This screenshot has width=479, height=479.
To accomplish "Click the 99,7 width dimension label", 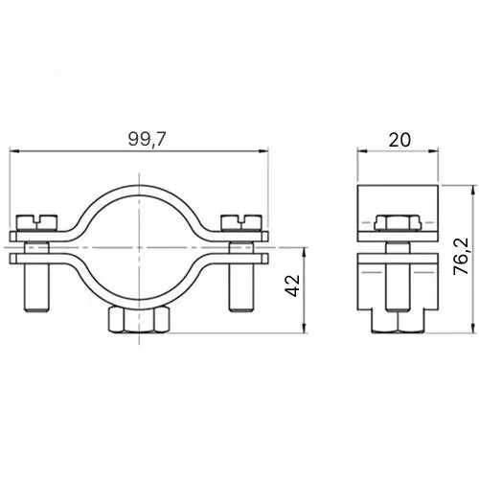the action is point(148,139).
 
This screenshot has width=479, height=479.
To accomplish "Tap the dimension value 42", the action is point(292,285).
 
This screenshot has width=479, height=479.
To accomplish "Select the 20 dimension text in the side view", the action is point(399,140).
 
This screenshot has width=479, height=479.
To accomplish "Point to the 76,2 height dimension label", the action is point(461,257).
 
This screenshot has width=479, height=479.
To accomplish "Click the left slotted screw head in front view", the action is point(37,222).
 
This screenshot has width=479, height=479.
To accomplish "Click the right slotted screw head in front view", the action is point(241,222).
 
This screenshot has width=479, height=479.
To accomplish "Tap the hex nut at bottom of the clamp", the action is point(139,320).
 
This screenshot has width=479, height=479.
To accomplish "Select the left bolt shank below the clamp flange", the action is point(36,287).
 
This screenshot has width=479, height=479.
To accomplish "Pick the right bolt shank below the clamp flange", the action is point(241,287).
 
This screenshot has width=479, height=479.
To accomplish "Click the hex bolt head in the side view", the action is point(398,223).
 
